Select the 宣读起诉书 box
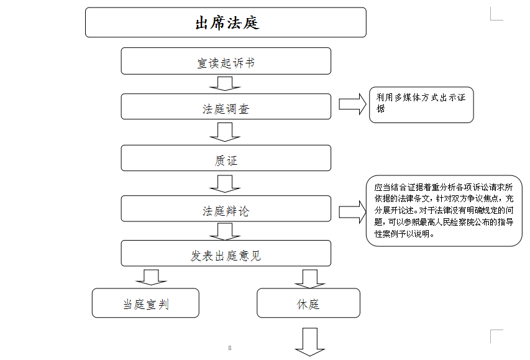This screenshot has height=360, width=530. point(226,61)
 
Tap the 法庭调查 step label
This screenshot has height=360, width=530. point(226,109)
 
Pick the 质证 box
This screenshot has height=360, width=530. point(226,158)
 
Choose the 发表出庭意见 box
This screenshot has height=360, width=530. point(226,253)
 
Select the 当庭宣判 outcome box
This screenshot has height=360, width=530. point(145,303)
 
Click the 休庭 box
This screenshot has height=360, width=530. point(308,303)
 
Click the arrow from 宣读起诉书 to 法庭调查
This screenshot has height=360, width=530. point(225,83)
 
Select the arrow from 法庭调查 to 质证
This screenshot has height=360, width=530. point(225,132)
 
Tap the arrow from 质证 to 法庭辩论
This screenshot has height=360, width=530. point(225,183)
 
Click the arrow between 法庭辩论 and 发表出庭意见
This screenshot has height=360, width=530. point(225,232)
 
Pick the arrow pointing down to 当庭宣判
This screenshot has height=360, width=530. point(151,277)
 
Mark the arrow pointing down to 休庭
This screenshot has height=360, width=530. point(310,279)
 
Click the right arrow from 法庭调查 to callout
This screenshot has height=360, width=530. point(352,104)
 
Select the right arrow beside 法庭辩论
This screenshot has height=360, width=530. point(352,212)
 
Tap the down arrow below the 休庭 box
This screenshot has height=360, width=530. point(310,342)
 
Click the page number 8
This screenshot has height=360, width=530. point(230,348)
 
